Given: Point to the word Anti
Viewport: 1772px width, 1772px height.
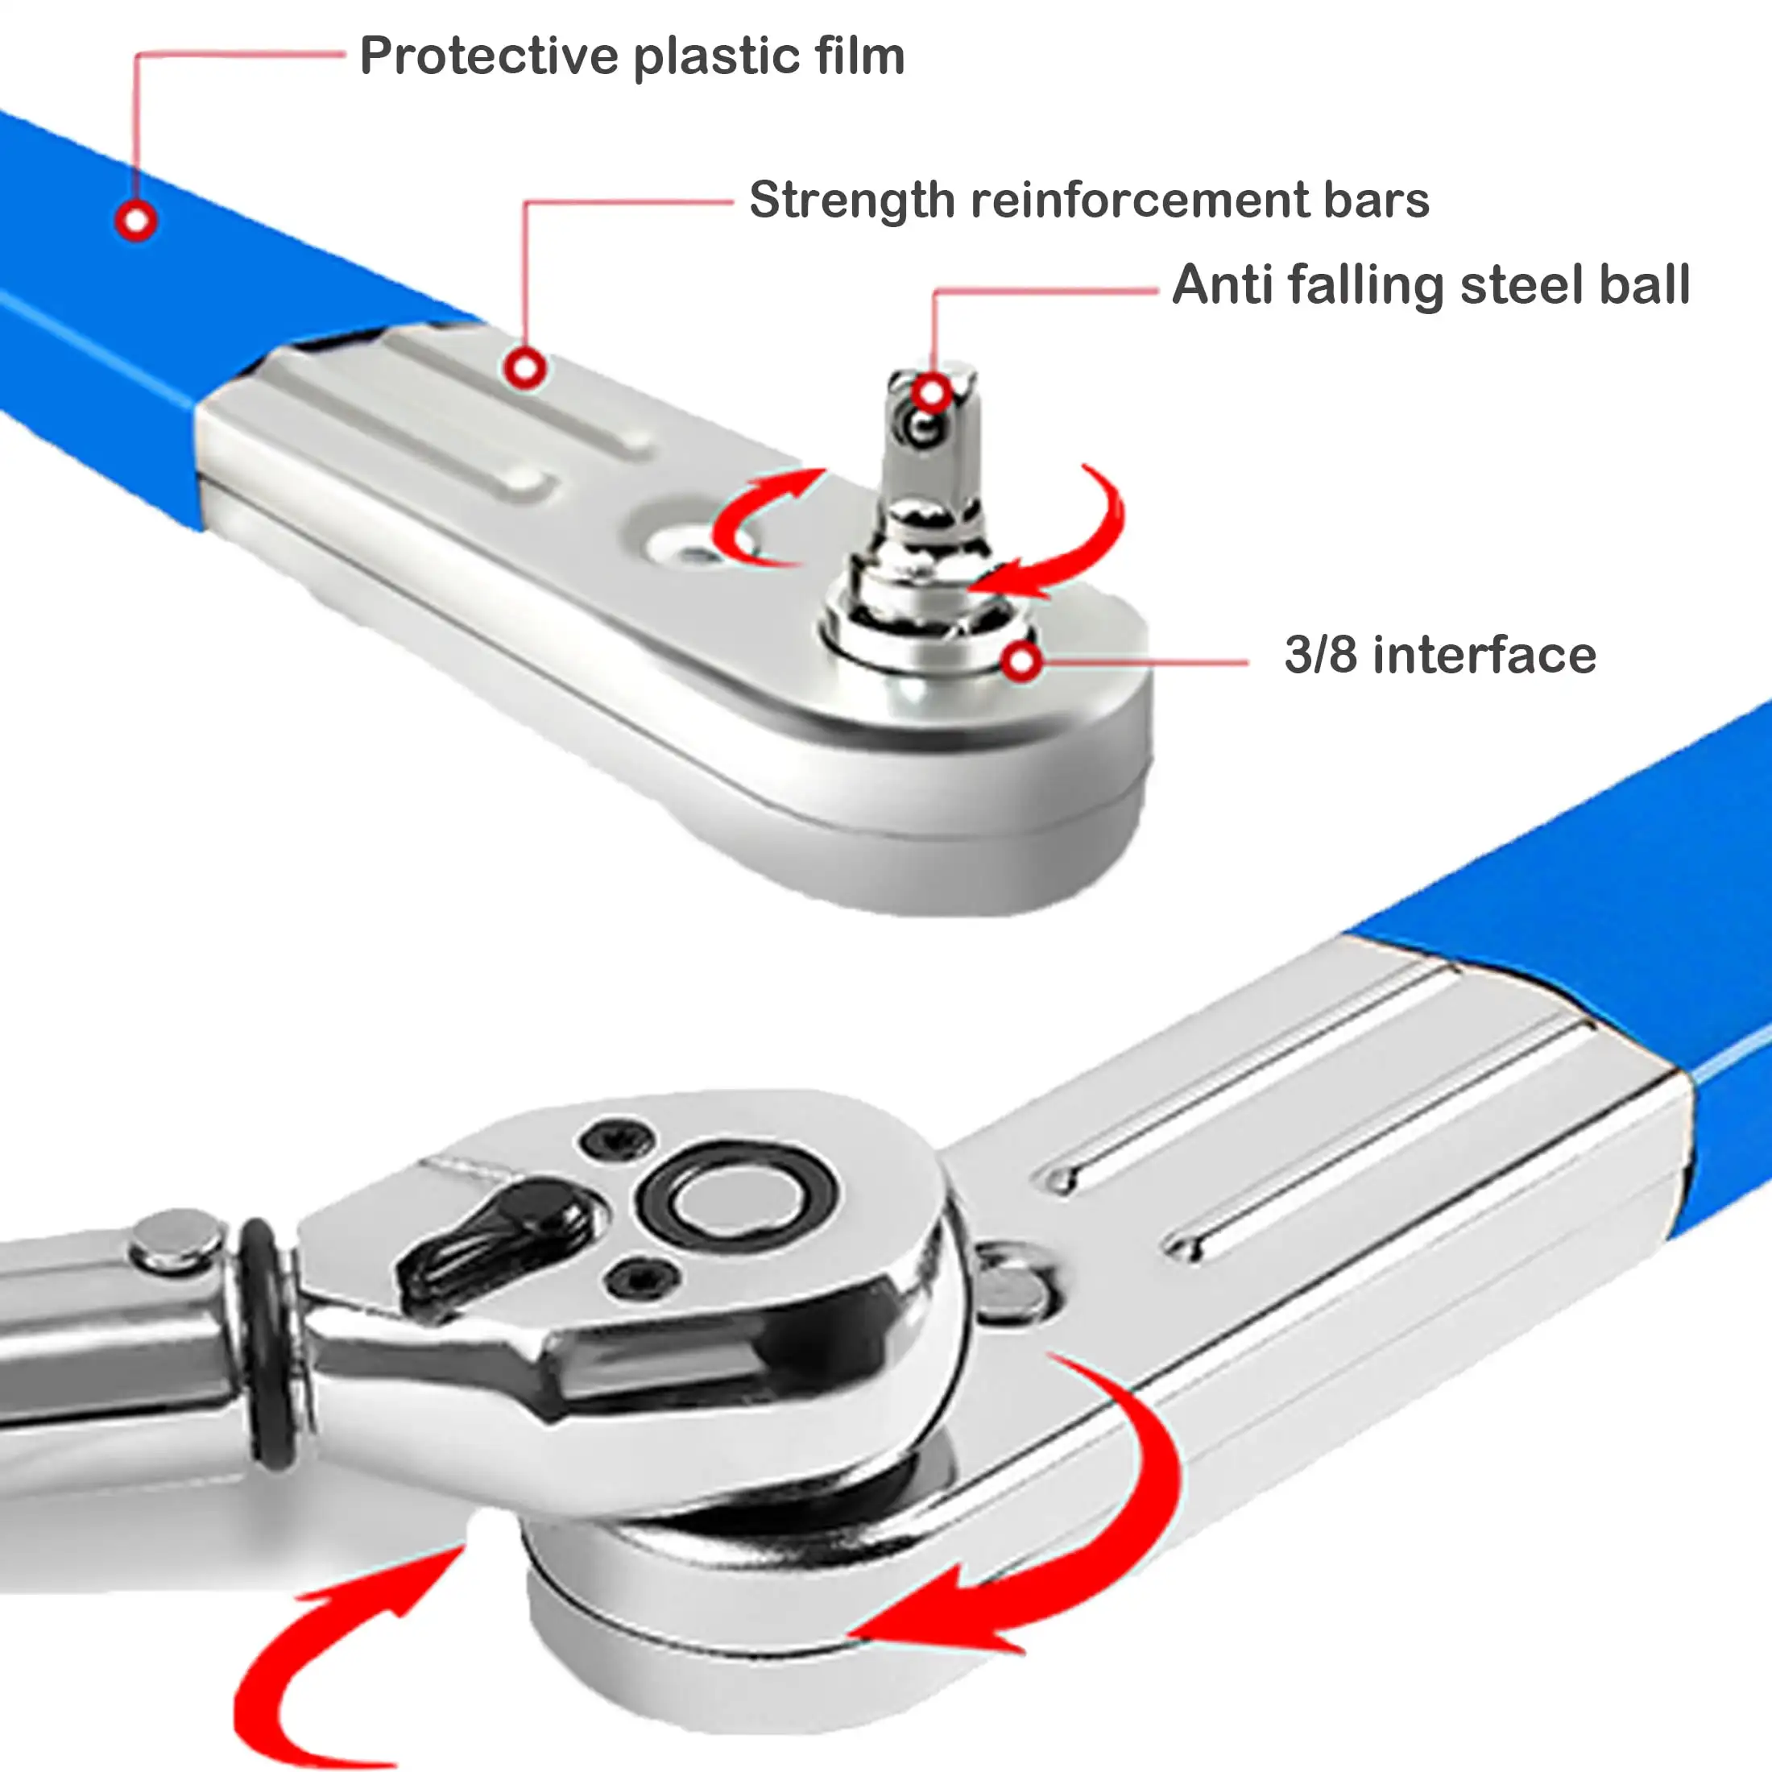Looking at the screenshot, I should coord(1222,284).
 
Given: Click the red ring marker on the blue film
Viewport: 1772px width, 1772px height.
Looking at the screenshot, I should coord(137,220).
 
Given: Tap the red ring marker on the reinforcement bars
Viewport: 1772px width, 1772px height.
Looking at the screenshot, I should coord(524,369).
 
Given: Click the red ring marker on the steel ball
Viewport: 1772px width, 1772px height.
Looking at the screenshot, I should coord(932,394).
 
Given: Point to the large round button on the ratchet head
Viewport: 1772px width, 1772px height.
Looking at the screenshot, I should coord(739,1198).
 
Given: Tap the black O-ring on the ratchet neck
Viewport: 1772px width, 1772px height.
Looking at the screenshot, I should coord(268,1348).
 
